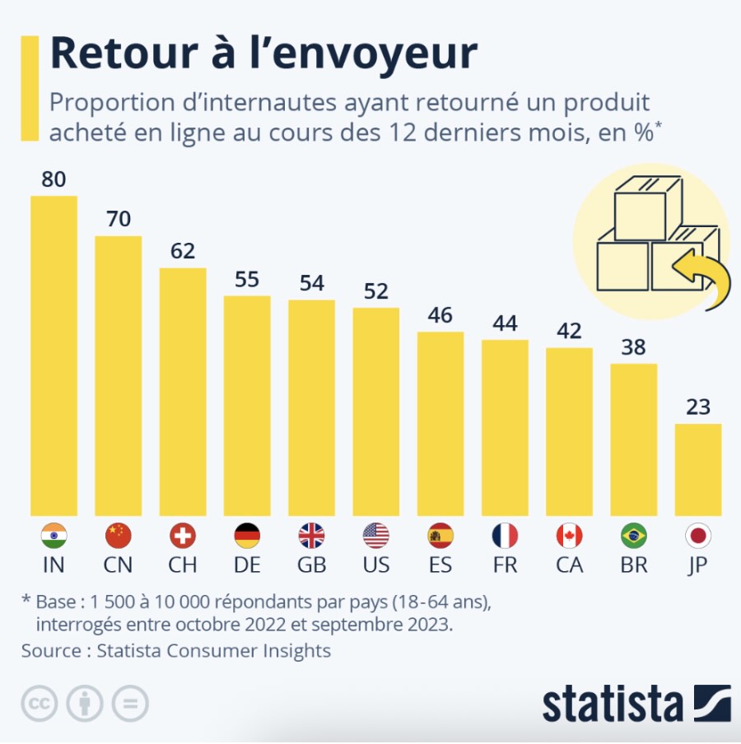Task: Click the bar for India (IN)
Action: click(x=54, y=356)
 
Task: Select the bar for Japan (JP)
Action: click(x=698, y=469)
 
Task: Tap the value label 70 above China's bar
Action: click(x=118, y=219)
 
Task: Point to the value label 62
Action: click(x=182, y=251)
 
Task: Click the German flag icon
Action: click(x=247, y=537)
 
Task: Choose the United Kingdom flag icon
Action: click(x=311, y=537)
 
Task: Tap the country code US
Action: click(x=375, y=565)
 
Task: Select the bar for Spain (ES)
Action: click(x=440, y=423)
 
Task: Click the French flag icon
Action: click(x=505, y=537)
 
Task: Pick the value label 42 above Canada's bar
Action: click(x=569, y=331)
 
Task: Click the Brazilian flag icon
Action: click(x=634, y=537)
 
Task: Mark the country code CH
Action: click(x=182, y=565)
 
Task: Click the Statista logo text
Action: click(x=613, y=704)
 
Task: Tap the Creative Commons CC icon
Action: click(x=38, y=704)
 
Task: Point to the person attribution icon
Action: click(x=85, y=704)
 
